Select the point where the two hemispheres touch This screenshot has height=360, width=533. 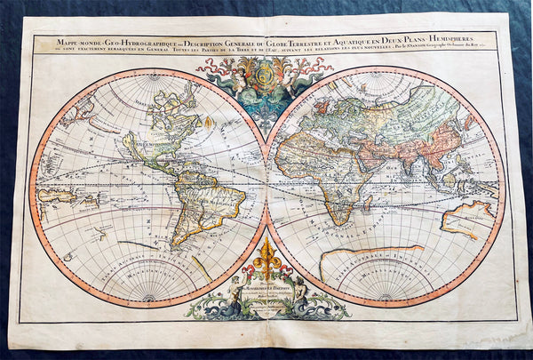pos(266,183)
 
